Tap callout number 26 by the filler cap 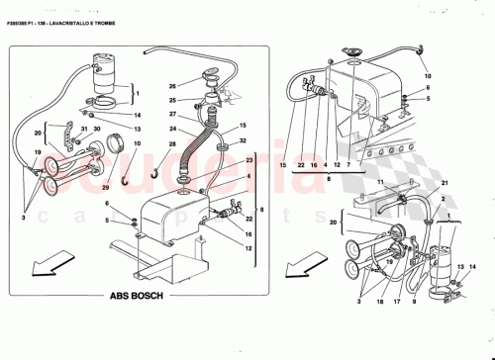click(170, 86)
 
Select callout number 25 click(170, 100)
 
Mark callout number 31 click(86, 128)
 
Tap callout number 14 click(137, 114)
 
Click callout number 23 click(249, 161)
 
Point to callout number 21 click(444, 186)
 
